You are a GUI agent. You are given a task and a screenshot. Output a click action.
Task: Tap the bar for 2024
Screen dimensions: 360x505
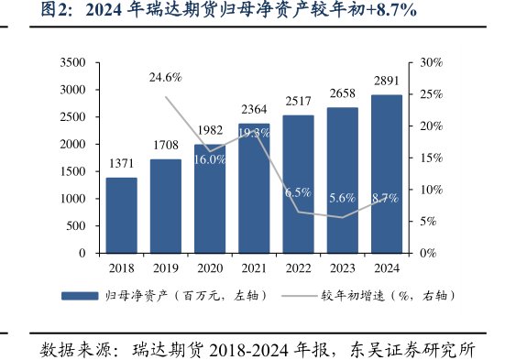[x=386, y=174]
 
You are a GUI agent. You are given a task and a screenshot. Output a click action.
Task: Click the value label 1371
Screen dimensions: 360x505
[x=121, y=163]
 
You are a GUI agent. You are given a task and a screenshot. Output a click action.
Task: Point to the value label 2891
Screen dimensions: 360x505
[x=386, y=82]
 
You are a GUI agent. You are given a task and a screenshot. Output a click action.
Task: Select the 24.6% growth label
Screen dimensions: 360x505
[x=166, y=78]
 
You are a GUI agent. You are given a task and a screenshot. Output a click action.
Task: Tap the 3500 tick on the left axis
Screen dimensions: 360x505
[x=72, y=62]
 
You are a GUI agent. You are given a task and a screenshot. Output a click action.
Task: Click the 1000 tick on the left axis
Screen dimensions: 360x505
[x=72, y=199]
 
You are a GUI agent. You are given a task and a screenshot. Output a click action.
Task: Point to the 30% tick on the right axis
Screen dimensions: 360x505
[x=431, y=62]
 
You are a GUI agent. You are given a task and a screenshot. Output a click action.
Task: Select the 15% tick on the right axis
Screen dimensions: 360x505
[x=431, y=158]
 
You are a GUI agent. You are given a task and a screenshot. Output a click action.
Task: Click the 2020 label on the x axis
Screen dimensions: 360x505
[x=210, y=268]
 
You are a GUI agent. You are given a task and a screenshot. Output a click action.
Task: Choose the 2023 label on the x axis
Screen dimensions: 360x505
[x=342, y=268]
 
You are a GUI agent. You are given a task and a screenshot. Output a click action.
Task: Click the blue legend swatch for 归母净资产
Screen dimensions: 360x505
[x=81, y=296]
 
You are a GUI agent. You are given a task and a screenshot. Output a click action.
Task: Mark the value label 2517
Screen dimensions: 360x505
[x=298, y=102]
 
